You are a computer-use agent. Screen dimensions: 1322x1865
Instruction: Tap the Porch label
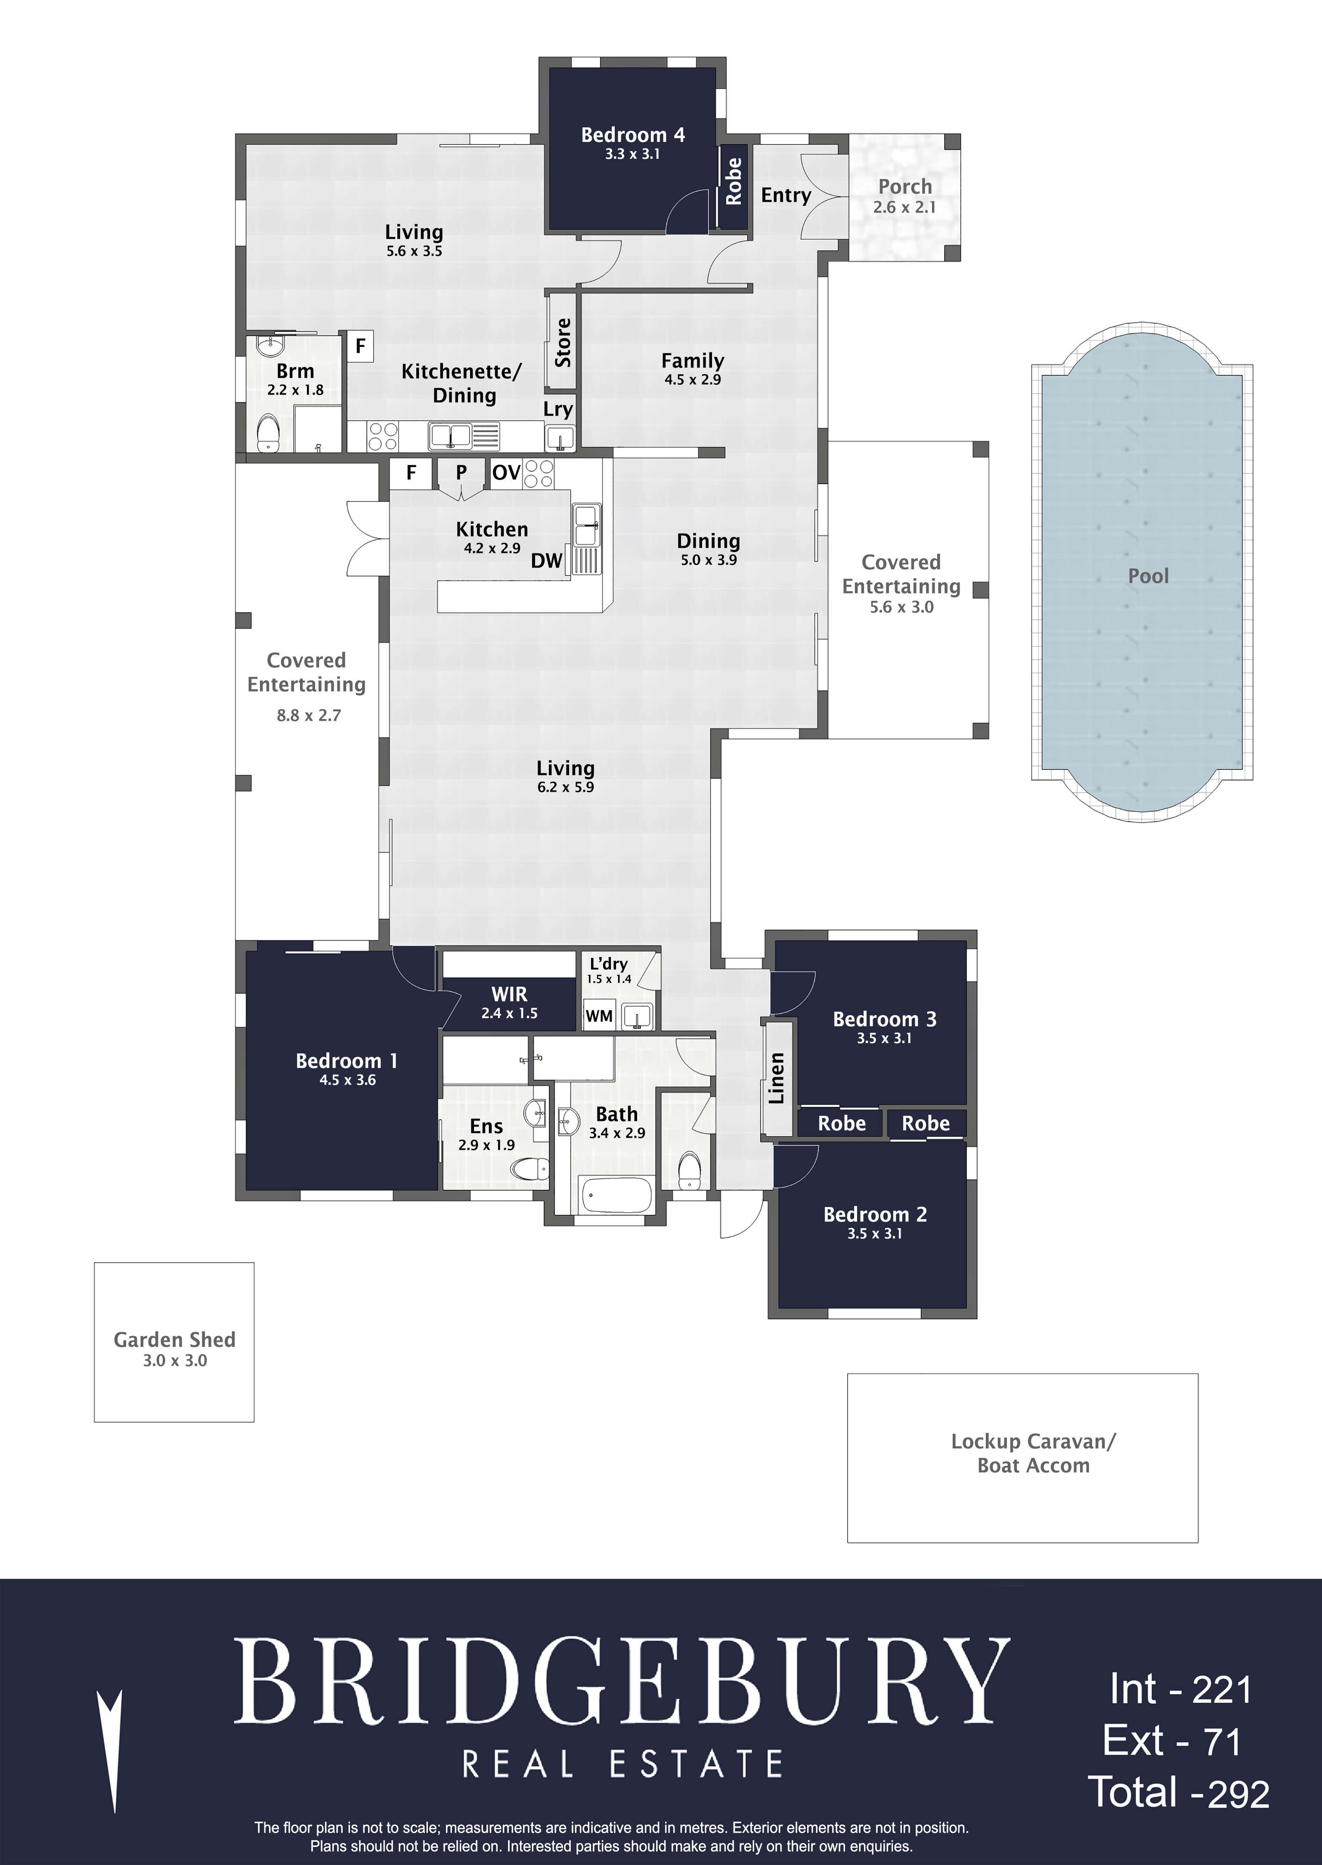point(904,186)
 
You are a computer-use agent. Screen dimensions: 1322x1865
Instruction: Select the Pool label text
point(1148,576)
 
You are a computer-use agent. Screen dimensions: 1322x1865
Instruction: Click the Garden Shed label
point(174,1339)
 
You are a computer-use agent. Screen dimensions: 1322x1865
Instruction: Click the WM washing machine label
point(599,1016)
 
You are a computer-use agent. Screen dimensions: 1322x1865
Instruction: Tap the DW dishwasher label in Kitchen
point(547,561)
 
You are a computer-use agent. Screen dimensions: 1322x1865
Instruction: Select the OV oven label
point(506,473)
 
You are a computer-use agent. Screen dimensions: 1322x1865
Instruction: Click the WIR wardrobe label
point(509,994)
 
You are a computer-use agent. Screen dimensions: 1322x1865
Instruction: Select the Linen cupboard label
point(777,1078)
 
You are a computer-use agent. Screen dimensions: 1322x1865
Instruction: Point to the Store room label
point(563,343)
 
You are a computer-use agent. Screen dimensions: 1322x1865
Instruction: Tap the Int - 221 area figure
point(1180,1690)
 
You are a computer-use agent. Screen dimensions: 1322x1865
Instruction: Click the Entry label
point(786,195)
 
